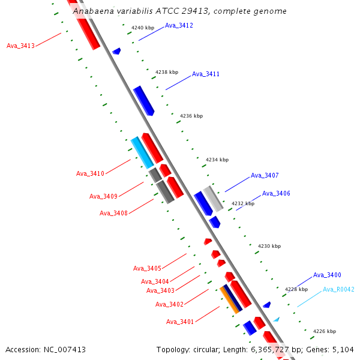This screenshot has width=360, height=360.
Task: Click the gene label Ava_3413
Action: [20, 46]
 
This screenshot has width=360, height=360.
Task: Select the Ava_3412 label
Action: [179, 25]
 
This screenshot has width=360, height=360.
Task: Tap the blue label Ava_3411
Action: [206, 74]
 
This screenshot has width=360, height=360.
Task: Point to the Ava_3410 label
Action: [90, 174]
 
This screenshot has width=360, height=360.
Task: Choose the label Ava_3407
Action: [265, 176]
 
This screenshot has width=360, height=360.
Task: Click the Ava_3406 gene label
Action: [276, 194]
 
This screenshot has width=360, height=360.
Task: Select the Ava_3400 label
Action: [327, 275]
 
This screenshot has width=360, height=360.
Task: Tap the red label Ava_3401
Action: [180, 322]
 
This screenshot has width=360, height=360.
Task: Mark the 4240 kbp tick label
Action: [143, 28]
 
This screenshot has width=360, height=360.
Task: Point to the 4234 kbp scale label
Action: [217, 160]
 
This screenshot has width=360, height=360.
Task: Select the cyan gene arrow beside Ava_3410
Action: [142, 152]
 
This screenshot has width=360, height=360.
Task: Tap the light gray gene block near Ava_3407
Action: [213, 199]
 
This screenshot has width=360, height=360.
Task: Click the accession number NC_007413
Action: [64, 350]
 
